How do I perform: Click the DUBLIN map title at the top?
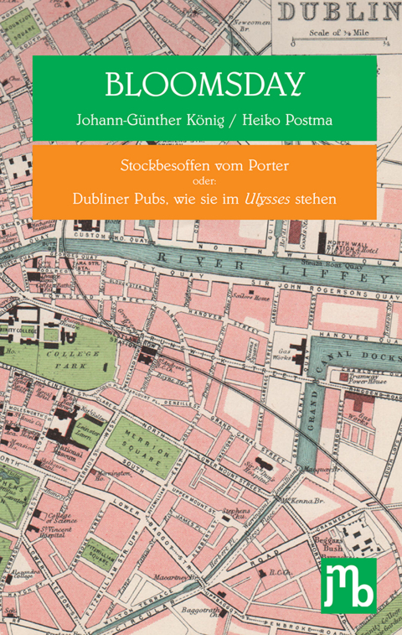coord(338,12)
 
